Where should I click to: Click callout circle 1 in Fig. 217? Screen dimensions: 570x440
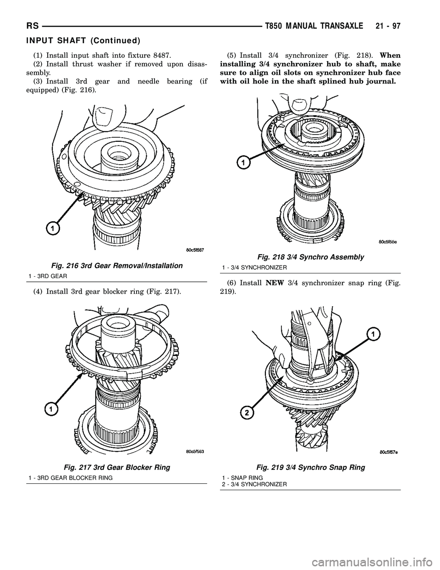point(50,408)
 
